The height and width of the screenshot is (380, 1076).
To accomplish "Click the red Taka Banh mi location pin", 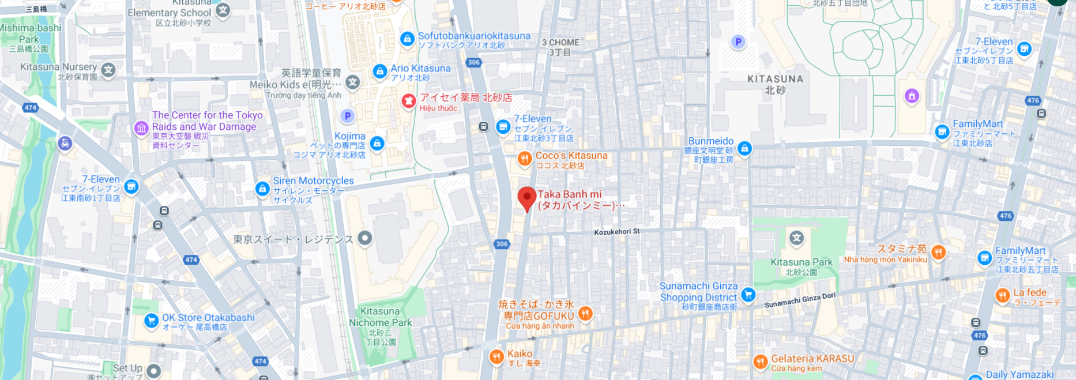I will click(526, 198).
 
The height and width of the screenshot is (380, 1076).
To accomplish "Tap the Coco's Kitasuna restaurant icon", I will click(524, 159).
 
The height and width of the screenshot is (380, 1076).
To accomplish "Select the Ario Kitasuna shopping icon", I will click(379, 72).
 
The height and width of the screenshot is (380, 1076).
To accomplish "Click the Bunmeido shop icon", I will click(744, 149).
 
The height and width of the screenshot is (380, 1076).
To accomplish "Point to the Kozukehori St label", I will click(616, 232).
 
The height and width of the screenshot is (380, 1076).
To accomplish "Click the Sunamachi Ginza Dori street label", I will click(799, 300).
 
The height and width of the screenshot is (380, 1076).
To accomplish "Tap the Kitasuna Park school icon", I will click(796, 238).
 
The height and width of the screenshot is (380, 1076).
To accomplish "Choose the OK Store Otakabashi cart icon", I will click(151, 321).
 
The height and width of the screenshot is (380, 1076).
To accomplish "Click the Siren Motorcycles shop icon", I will click(262, 189).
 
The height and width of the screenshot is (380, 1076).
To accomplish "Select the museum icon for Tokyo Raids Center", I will click(141, 128).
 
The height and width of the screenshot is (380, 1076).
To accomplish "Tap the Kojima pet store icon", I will click(377, 143).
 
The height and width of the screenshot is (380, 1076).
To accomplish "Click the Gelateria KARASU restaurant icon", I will click(760, 362).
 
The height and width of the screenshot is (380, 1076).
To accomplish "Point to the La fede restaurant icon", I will click(1002, 296).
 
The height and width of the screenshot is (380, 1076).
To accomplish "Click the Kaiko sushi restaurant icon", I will click(496, 357).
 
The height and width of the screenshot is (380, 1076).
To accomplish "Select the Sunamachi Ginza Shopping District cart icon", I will click(748, 295).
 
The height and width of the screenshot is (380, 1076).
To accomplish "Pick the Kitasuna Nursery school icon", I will click(108, 70).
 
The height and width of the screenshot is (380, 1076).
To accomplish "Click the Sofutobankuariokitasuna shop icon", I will click(407, 39).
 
